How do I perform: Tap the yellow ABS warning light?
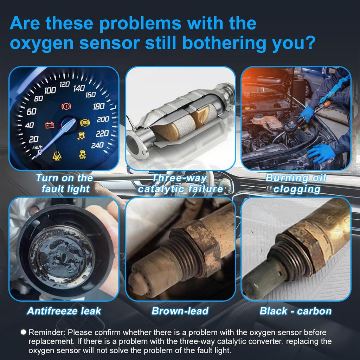point(84,123)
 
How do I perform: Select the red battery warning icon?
point(49,125)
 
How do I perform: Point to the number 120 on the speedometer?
point(64,85)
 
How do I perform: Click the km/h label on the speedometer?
point(37,147)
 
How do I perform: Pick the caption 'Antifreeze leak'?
point(64,311)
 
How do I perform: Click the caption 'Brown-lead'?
point(180,311)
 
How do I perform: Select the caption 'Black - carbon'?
point(295,311)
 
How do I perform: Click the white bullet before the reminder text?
point(24,332)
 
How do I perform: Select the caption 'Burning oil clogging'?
point(296,183)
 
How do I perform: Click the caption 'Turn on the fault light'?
point(65,183)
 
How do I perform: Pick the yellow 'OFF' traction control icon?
point(83,154)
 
